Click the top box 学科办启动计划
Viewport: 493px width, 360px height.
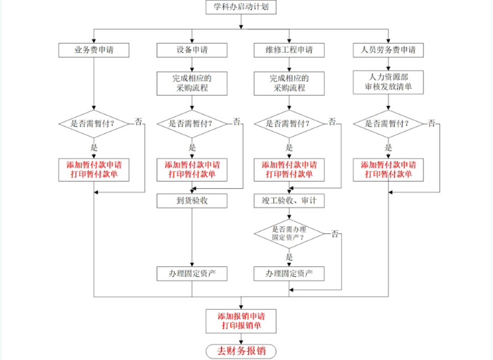pyautogui.click(x=240, y=8)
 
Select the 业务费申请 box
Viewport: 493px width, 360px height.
pyautogui.click(x=94, y=50)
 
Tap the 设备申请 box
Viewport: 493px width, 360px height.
pyautogui.click(x=192, y=50)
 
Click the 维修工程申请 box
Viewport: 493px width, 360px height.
pyautogui.click(x=289, y=50)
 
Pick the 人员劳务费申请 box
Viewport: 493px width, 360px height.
pyautogui.click(x=388, y=50)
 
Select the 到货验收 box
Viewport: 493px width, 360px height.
pyautogui.click(x=192, y=200)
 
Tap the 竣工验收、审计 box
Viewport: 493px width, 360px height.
pyautogui.click(x=289, y=200)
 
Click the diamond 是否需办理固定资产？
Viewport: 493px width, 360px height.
pyautogui.click(x=289, y=233)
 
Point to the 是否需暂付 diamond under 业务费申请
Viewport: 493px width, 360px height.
pyautogui.click(x=94, y=123)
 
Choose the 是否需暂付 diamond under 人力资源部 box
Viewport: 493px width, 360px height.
pyautogui.click(x=388, y=123)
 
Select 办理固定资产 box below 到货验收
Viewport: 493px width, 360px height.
pyautogui.click(x=192, y=273)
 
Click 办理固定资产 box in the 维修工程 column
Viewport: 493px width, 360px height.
pyautogui.click(x=289, y=273)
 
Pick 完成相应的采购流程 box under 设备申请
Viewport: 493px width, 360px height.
pyautogui.click(x=192, y=82)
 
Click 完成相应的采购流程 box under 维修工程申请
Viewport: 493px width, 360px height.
pyautogui.click(x=289, y=82)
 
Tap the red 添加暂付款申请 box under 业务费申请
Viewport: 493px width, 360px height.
pyautogui.click(x=94, y=169)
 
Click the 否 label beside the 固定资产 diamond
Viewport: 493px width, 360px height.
pyautogui.click(x=334, y=233)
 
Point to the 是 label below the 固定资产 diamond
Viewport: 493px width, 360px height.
pyautogui.click(x=289, y=256)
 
